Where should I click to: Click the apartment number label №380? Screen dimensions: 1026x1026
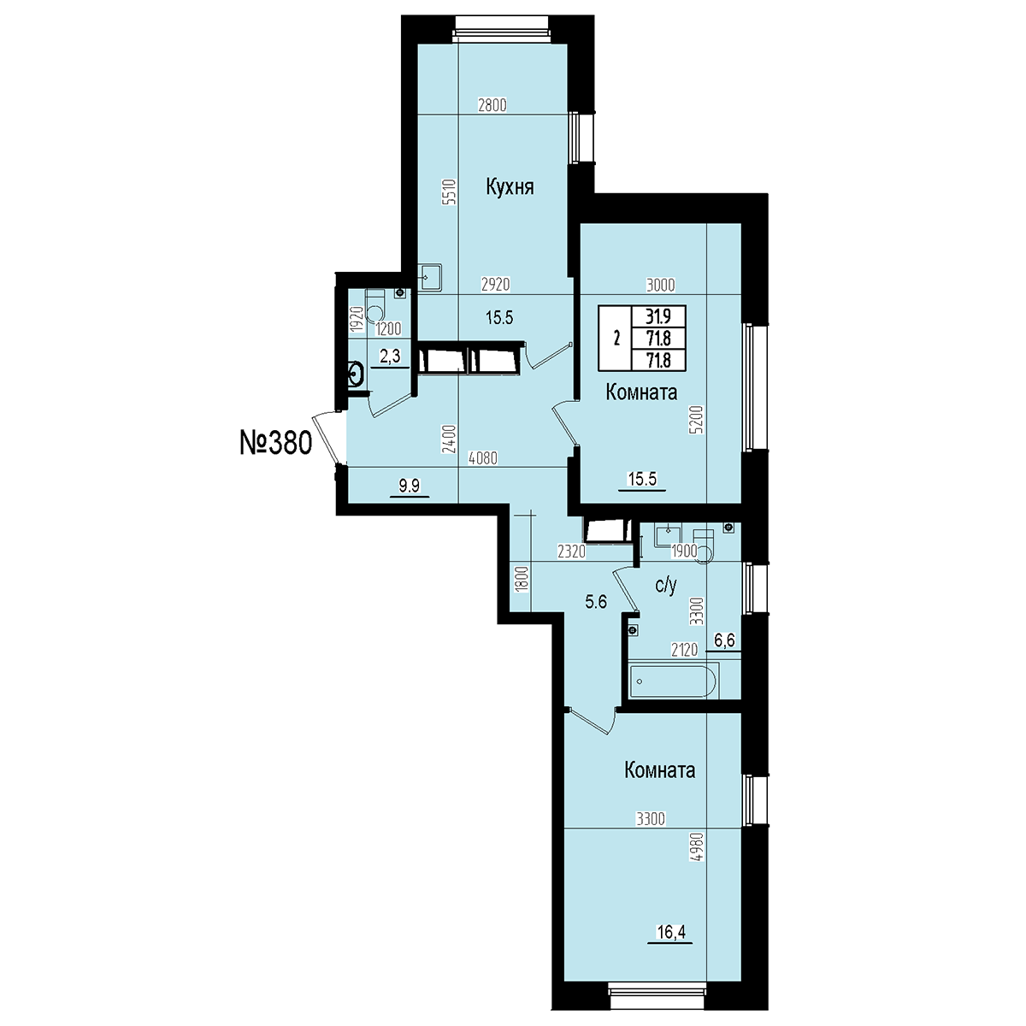(x=275, y=444)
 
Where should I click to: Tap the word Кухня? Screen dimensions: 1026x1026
(x=510, y=188)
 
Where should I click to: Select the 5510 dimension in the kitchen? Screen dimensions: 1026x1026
(x=450, y=192)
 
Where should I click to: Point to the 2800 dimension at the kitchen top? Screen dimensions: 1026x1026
(x=492, y=105)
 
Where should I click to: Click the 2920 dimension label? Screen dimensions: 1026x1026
(x=496, y=285)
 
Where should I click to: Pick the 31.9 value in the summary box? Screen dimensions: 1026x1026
(x=658, y=317)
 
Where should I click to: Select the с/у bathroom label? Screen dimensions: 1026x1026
(x=666, y=586)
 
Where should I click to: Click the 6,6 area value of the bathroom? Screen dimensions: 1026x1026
(x=724, y=640)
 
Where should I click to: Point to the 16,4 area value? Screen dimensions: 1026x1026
(x=670, y=932)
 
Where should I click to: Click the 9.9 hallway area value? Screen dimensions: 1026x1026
(x=409, y=485)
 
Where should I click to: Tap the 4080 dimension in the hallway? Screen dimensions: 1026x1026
(x=482, y=458)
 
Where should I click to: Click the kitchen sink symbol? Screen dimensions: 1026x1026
(x=430, y=277)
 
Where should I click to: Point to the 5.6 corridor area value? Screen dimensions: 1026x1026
(x=596, y=602)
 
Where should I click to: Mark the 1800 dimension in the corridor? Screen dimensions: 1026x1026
(x=522, y=581)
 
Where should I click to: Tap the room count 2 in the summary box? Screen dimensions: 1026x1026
(x=616, y=338)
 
